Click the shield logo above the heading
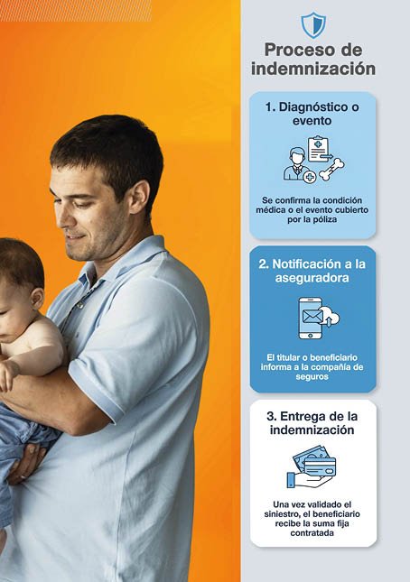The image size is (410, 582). [x=313, y=25]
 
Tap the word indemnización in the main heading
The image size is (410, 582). [x=313, y=69]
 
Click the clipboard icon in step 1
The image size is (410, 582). [x=319, y=150]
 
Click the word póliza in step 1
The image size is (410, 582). [x=324, y=219]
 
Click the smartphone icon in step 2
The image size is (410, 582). [x=310, y=318]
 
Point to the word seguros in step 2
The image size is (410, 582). [x=312, y=377]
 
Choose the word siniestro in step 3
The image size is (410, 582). [x=280, y=514]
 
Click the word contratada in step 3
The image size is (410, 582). [x=312, y=533]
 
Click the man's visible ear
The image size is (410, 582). [x=141, y=197]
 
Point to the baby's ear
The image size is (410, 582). [x=37, y=298]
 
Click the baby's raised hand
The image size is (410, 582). [x=8, y=374]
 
